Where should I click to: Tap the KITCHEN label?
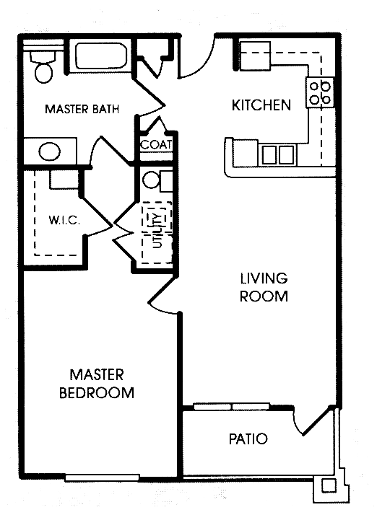[261, 105]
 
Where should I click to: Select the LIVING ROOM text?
[264, 287]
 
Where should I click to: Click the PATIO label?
[248, 439]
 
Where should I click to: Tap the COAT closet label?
[155, 144]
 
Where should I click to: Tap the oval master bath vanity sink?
[49, 152]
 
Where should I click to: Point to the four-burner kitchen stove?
[320, 92]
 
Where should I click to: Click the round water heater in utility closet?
[152, 180]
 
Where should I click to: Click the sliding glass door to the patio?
[231, 407]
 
